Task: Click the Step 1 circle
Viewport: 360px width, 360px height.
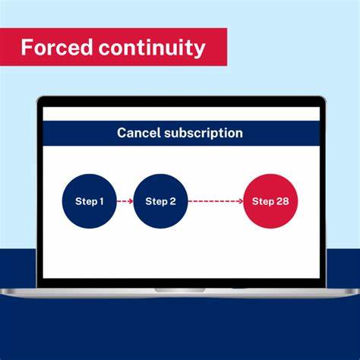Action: (90, 201)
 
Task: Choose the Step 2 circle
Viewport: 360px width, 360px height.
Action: (160, 201)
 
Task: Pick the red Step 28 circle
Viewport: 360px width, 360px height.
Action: (271, 201)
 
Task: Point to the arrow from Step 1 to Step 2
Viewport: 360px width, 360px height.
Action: (125, 201)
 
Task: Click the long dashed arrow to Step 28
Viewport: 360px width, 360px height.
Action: (215, 201)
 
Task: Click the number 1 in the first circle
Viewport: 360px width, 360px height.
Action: (102, 201)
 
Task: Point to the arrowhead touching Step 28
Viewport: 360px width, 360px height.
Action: (240, 201)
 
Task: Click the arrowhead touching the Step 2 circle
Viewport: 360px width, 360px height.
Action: (131, 201)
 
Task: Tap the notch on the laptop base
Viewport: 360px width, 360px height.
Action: (180, 289)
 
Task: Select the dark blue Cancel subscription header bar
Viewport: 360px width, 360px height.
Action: (180, 133)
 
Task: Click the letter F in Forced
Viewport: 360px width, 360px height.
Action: (26, 48)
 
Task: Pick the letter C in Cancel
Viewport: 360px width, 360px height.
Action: (122, 133)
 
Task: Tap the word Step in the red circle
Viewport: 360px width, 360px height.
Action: (263, 201)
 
